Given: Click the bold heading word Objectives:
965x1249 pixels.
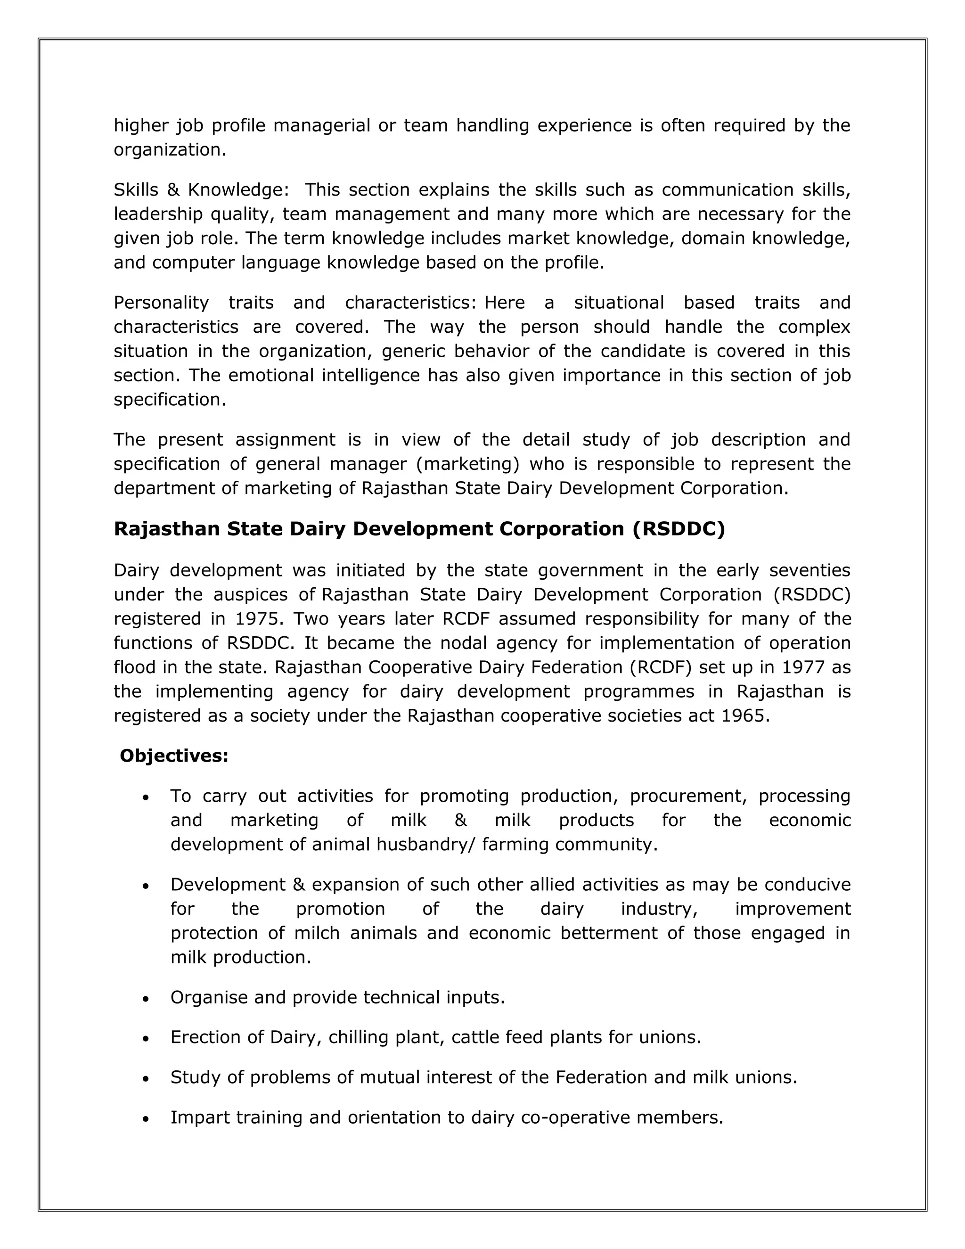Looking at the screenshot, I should [x=174, y=756].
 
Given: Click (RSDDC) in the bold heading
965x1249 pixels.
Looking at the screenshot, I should [x=679, y=529].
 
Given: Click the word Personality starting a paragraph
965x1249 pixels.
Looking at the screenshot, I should [x=161, y=302].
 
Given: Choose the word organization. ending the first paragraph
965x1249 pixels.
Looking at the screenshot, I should [x=170, y=150].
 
